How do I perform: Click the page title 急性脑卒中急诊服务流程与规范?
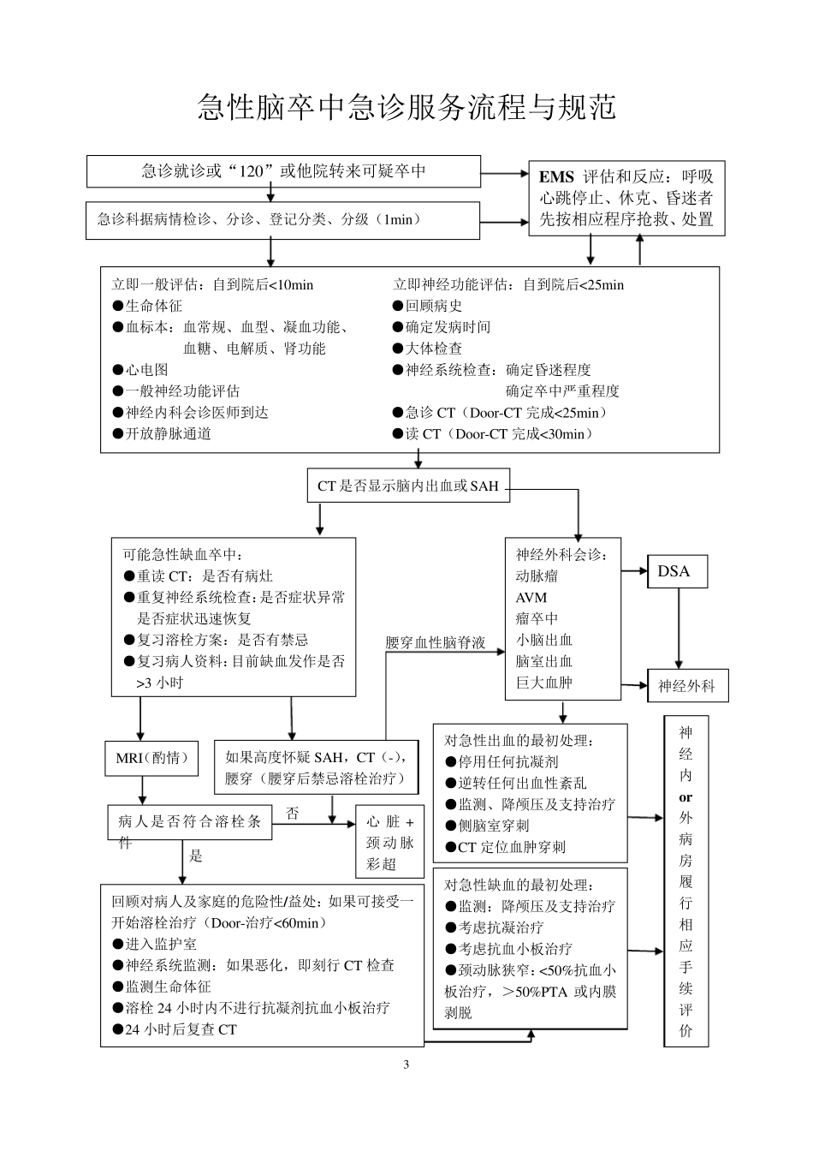406,107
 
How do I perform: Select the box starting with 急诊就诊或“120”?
283,171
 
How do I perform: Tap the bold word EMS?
556,177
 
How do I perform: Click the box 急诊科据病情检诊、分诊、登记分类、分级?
283,219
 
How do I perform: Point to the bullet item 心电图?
146,370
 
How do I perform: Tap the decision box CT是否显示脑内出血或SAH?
408,486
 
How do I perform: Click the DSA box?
674,571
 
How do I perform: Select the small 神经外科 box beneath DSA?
687,686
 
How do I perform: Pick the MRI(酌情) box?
151,758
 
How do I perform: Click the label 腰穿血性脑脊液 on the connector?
435,643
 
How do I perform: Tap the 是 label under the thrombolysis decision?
195,856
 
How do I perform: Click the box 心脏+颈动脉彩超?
390,843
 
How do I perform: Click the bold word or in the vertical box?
685,797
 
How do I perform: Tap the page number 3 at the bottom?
406,1065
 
